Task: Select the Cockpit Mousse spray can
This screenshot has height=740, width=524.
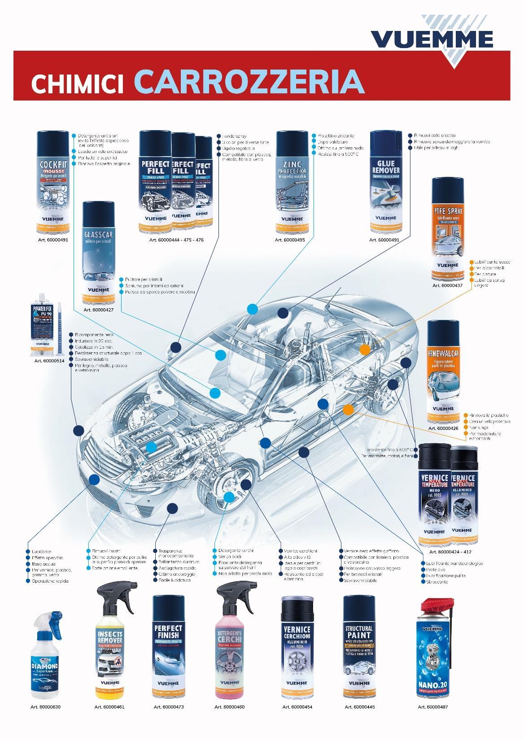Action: [53, 182]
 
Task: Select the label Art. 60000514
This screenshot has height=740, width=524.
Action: [49, 360]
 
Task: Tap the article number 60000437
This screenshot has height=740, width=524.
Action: [448, 285]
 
